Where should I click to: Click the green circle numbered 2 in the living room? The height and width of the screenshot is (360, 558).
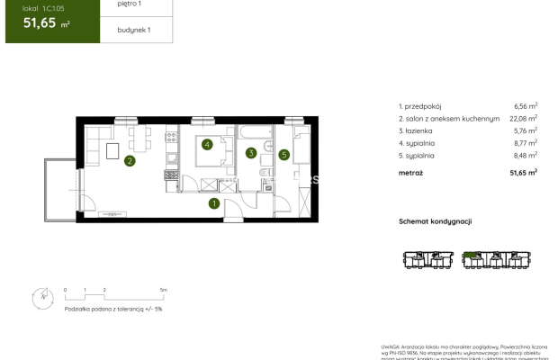(x=130, y=162)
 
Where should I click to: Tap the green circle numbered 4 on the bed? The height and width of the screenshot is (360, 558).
(x=207, y=144)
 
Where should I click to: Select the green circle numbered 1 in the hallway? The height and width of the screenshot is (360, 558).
(x=214, y=203)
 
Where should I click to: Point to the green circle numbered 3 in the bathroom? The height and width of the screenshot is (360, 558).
(x=251, y=153)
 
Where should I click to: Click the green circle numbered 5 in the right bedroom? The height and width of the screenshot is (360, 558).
(x=283, y=155)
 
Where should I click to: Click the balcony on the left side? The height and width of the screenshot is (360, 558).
(x=61, y=189)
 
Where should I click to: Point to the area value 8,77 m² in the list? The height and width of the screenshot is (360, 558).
(x=524, y=141)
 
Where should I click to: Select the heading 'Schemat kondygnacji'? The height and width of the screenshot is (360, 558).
(x=435, y=221)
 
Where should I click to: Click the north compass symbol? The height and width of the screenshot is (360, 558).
(x=42, y=296)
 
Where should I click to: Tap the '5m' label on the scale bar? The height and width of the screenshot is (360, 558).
(x=164, y=290)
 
